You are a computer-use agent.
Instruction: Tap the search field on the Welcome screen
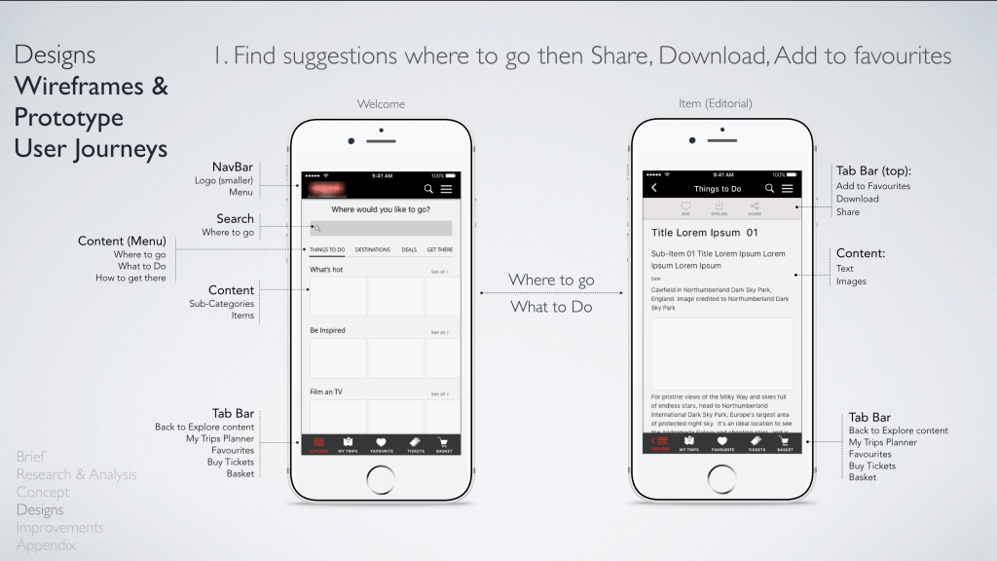pyautogui.click(x=381, y=228)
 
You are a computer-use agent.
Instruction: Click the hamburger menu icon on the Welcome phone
pyautogui.click(x=447, y=189)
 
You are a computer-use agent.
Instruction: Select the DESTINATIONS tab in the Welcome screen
pyautogui.click(x=373, y=250)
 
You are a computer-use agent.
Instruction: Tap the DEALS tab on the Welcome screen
pyautogui.click(x=409, y=250)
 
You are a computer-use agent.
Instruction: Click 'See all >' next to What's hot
pyautogui.click(x=440, y=272)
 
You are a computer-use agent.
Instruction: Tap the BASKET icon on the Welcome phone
pyautogui.click(x=444, y=444)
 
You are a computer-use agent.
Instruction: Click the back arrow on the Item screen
pyautogui.click(x=654, y=188)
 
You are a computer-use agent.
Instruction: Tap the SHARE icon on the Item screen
pyautogui.click(x=755, y=207)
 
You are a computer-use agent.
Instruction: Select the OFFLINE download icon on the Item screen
pyautogui.click(x=720, y=207)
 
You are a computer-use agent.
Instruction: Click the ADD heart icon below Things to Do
pyautogui.click(x=685, y=207)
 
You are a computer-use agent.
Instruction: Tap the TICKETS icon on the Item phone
pyautogui.click(x=757, y=444)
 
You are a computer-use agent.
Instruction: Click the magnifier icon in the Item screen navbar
pyautogui.click(x=769, y=188)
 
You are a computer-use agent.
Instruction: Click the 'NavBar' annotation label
pyautogui.click(x=233, y=167)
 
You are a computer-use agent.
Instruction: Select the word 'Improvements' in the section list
pyautogui.click(x=59, y=528)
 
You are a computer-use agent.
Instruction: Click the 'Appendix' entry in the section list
pyautogui.click(x=46, y=545)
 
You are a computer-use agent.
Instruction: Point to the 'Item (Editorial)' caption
pyautogui.click(x=715, y=103)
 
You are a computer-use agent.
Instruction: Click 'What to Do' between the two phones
pyautogui.click(x=551, y=307)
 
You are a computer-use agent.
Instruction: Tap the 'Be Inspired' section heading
pyautogui.click(x=327, y=330)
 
